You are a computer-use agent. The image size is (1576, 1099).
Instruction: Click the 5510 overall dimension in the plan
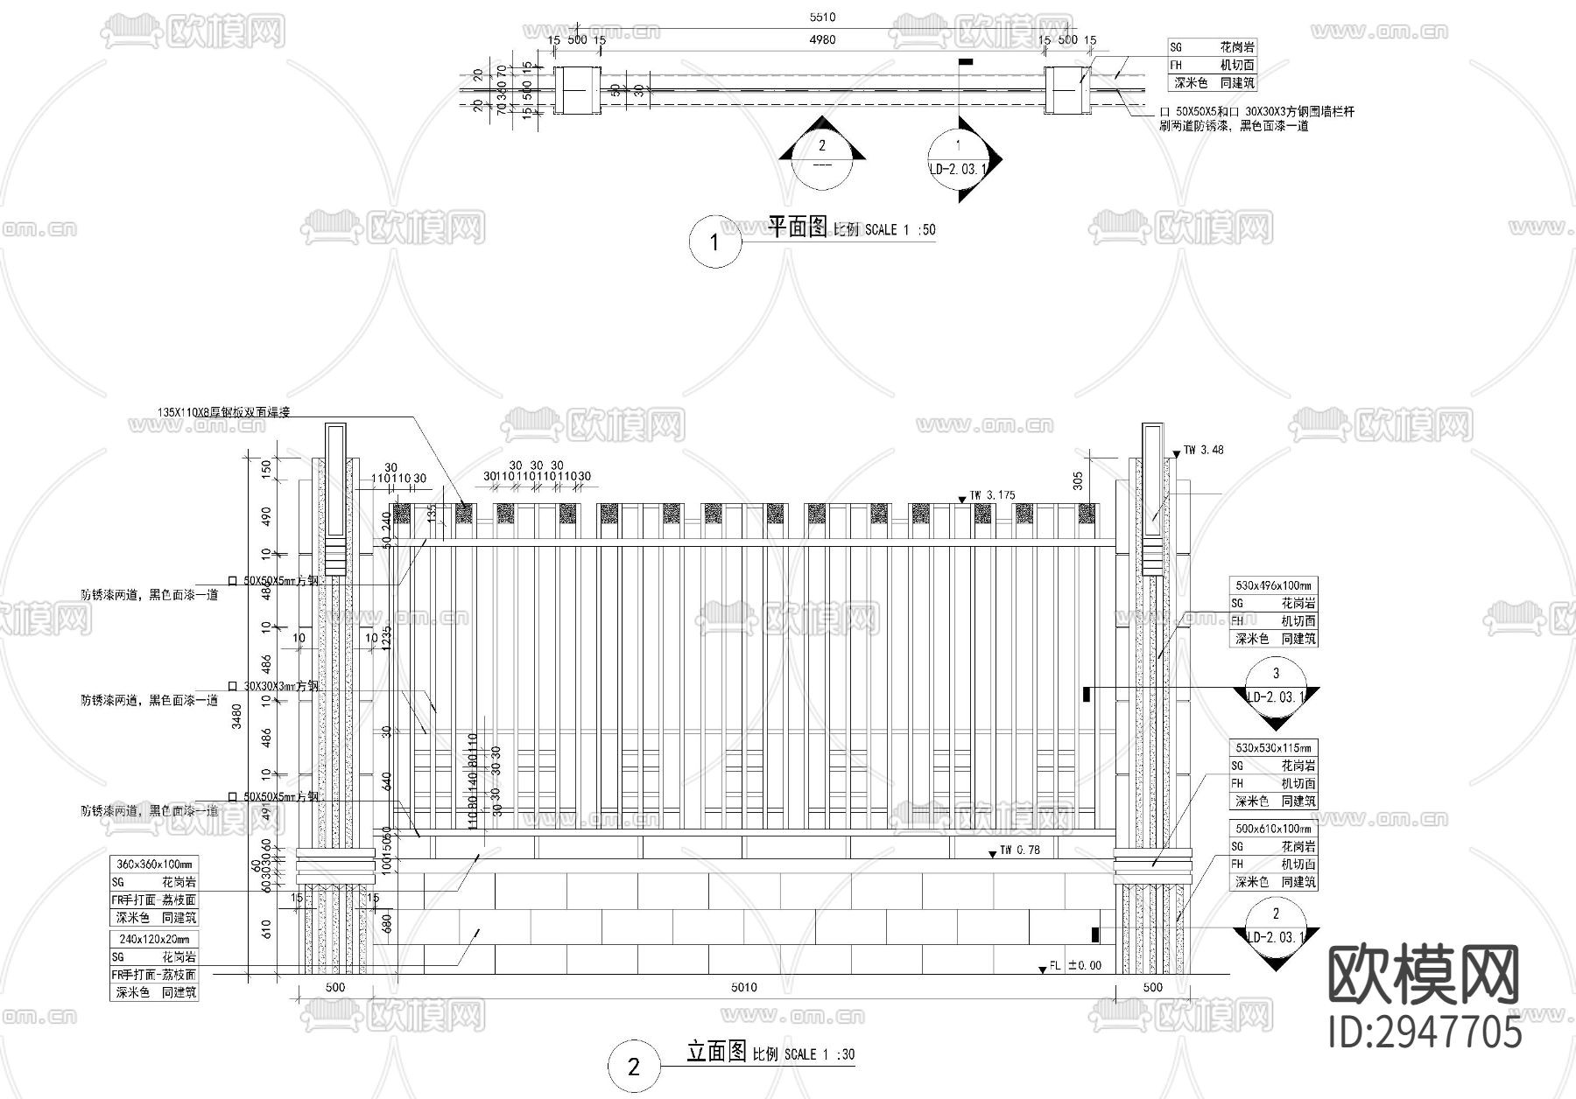pyautogui.click(x=824, y=17)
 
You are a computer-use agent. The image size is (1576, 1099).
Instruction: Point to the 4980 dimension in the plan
pyautogui.click(x=824, y=39)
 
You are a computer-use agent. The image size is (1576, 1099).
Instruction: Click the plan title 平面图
pyautogui.click(x=797, y=227)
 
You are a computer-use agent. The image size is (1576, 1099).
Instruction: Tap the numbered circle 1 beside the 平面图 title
pyautogui.click(x=714, y=242)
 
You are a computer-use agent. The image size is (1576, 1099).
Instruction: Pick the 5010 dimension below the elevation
pyautogui.click(x=743, y=988)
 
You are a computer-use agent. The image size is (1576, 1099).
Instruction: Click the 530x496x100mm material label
pyautogui.click(x=1274, y=585)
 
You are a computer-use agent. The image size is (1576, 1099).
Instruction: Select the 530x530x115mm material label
pyautogui.click(x=1274, y=748)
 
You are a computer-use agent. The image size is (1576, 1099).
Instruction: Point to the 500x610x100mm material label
pyautogui.click(x=1274, y=829)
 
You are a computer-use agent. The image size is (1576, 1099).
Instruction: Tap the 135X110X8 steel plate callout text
pyautogui.click(x=223, y=412)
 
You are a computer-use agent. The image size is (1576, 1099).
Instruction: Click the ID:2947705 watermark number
pyautogui.click(x=1424, y=1032)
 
